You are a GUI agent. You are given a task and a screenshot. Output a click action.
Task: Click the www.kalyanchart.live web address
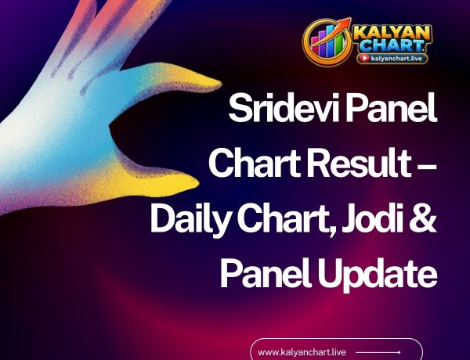point(302,352)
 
